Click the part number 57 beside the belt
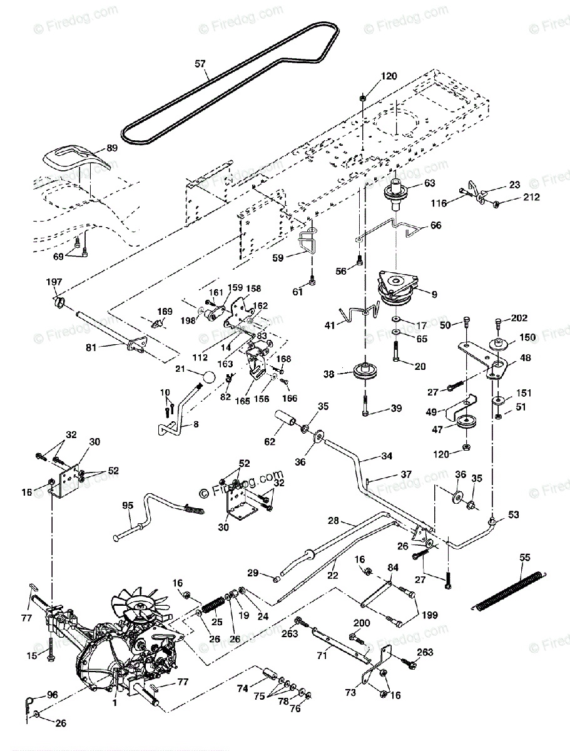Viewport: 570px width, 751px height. tap(200, 63)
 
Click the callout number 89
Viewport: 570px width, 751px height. tap(112, 148)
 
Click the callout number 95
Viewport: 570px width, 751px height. tap(128, 506)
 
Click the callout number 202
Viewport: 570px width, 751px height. tap(518, 319)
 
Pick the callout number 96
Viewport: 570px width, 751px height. tap(52, 694)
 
